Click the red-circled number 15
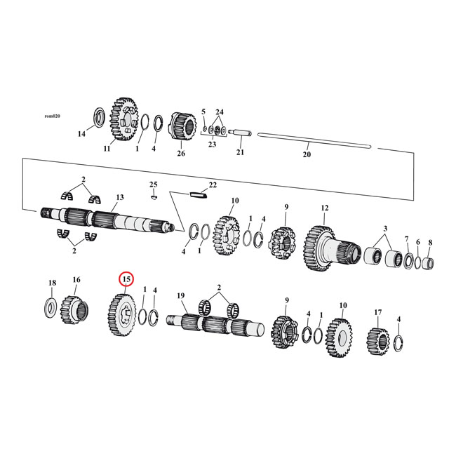pyautogui.click(x=126, y=279)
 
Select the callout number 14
pyautogui.click(x=81, y=133)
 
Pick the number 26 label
pyautogui.click(x=181, y=154)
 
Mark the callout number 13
pyautogui.click(x=120, y=197)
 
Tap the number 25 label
pyautogui.click(x=153, y=184)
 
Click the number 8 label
pyautogui.click(x=430, y=242)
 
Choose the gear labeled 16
pyautogui.click(x=75, y=308)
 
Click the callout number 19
pyautogui.click(x=180, y=296)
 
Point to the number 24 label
pyautogui.click(x=219, y=112)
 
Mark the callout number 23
pyautogui.click(x=211, y=145)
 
